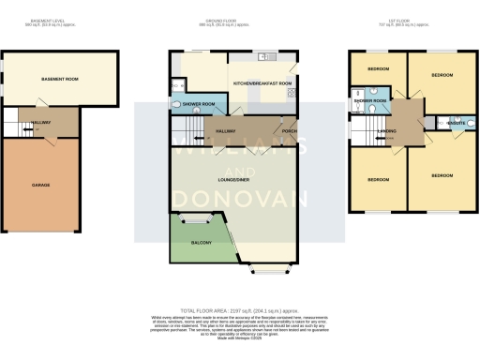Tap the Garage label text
point(40,185)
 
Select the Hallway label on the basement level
point(42,122)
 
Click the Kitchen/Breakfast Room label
point(266,84)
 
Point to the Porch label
point(291,130)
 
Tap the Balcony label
point(202,243)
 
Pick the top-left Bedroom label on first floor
point(378,69)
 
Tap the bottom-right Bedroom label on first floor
point(441,174)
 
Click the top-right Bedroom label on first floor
point(441,73)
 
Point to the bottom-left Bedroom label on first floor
point(378,178)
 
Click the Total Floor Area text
point(240,306)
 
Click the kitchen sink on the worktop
point(266,57)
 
